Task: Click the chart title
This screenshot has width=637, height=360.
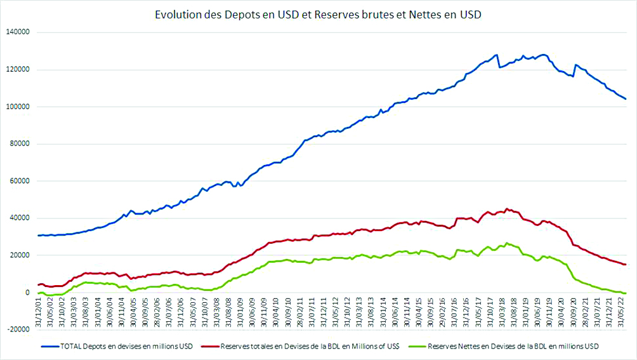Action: click(x=318, y=14)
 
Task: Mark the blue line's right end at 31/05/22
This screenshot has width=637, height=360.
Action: click(x=626, y=98)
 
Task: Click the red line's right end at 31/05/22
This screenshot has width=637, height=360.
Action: click(x=626, y=264)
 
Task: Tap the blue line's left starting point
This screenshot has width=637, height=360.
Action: click(x=38, y=236)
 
